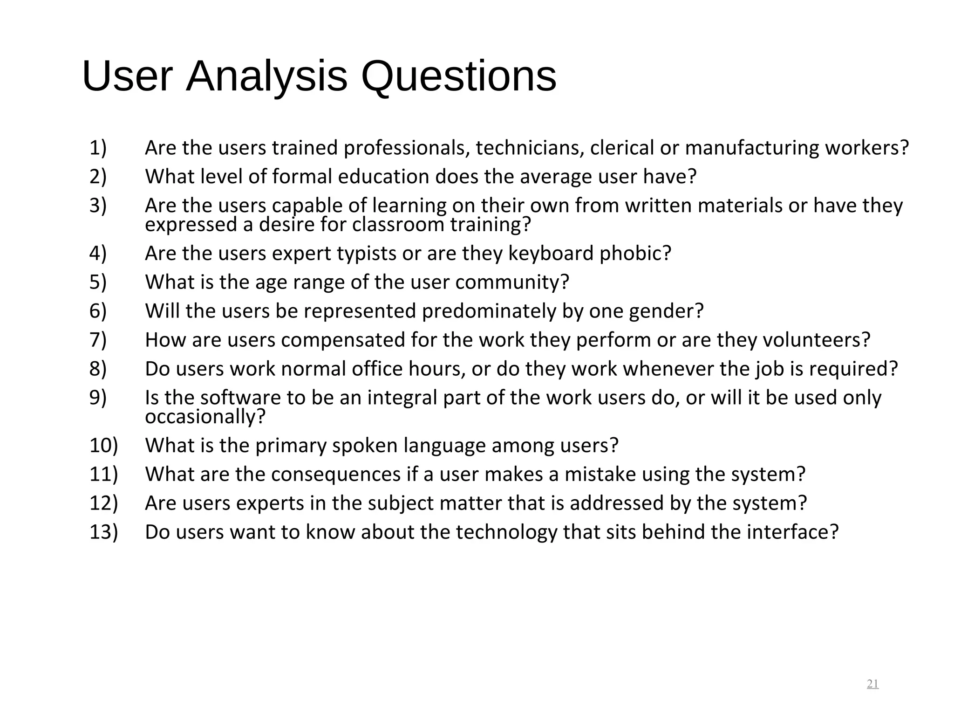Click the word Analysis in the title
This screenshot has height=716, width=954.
point(266,77)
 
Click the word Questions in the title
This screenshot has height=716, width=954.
point(458,77)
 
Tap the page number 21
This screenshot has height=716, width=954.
point(872,684)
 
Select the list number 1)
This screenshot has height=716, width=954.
point(98,148)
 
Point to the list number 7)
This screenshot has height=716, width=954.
point(98,340)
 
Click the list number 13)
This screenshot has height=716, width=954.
point(103,532)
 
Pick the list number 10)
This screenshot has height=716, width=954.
point(103,445)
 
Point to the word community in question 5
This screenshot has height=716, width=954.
point(512,282)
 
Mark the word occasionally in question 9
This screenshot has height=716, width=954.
point(205,416)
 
